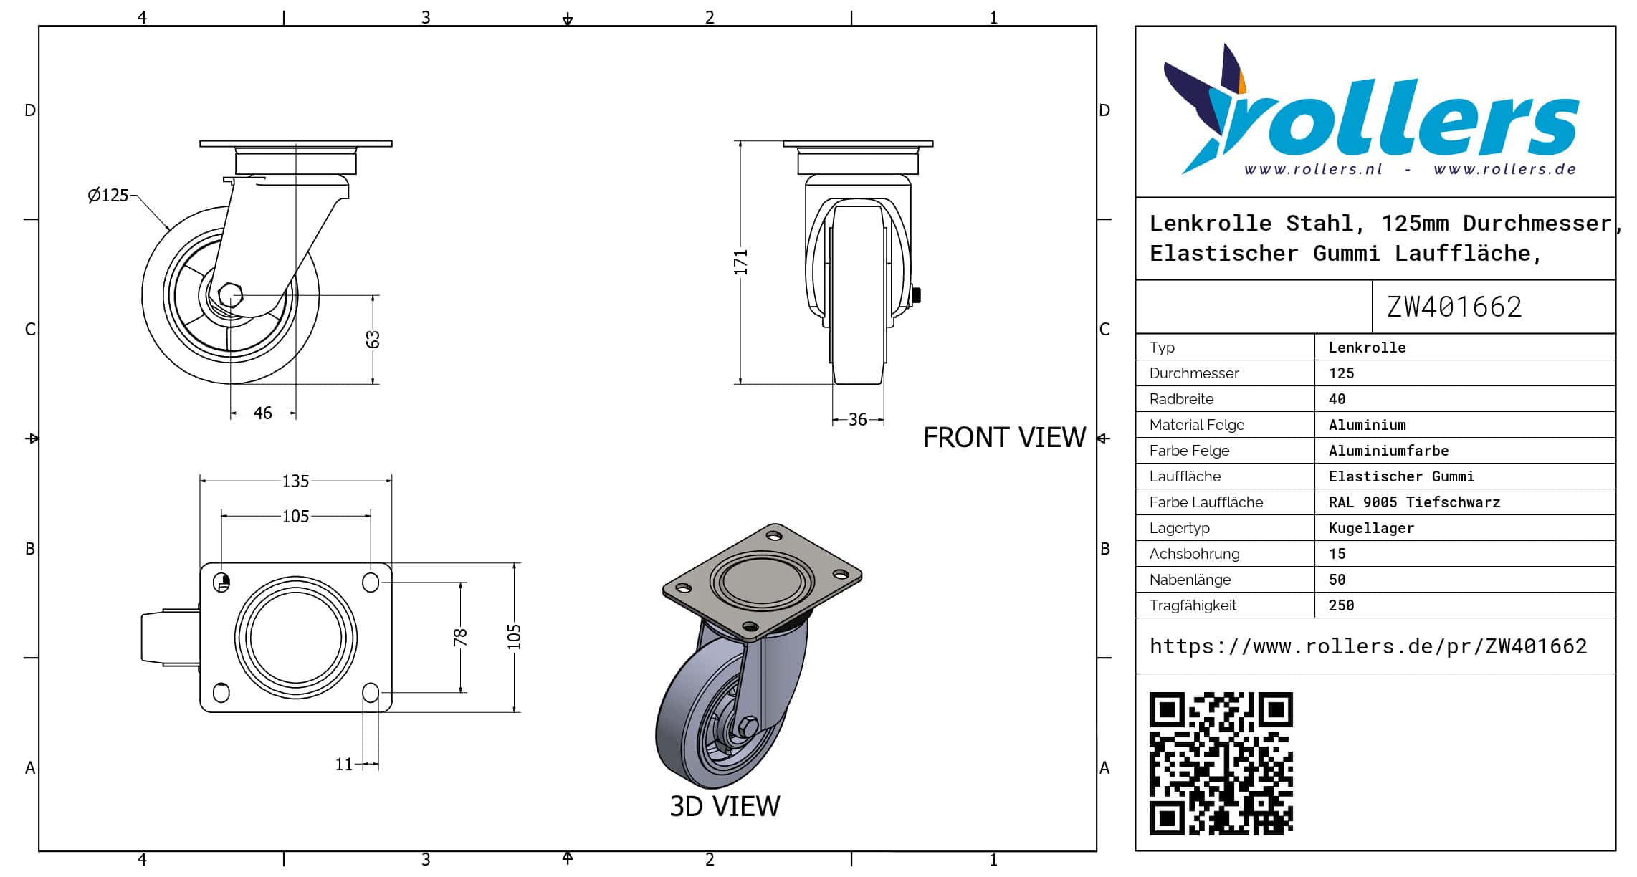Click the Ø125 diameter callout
click(x=108, y=196)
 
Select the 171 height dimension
click(x=740, y=262)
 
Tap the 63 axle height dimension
click(x=373, y=339)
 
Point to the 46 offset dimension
click(x=263, y=413)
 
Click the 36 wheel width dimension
click(x=858, y=420)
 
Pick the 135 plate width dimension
click(x=295, y=481)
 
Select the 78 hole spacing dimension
click(x=460, y=637)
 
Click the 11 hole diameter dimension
click(x=344, y=765)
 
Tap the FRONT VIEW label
click(x=1004, y=438)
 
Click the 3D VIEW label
click(x=725, y=807)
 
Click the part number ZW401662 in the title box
click(x=1454, y=307)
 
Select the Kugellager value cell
click(x=1371, y=528)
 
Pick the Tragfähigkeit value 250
click(x=1341, y=605)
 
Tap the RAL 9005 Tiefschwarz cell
click(x=1414, y=502)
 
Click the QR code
click(x=1221, y=764)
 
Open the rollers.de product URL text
click(x=1368, y=647)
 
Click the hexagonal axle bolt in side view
click(x=230, y=294)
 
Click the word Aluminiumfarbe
click(x=1388, y=451)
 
